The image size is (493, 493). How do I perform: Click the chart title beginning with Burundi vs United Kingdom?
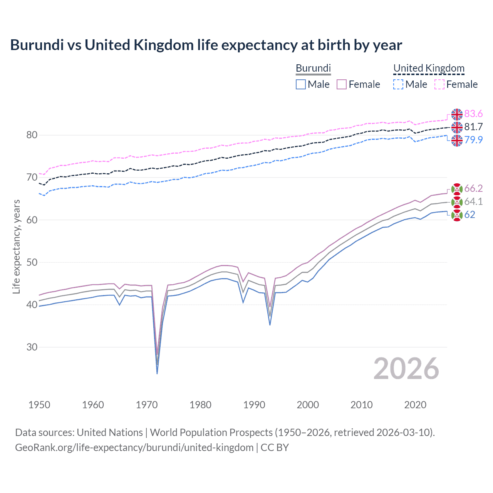coord(206,45)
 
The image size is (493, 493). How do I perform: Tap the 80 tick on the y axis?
coord(32,135)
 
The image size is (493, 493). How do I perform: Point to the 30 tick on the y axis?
coord(32,347)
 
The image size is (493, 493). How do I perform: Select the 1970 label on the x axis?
coord(147,405)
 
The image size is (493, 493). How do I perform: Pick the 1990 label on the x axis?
coord(254,405)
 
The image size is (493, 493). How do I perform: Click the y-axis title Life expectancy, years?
coord(16,246)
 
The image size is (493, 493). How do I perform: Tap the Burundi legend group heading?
coord(313,68)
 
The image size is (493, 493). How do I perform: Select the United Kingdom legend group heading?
coord(429,68)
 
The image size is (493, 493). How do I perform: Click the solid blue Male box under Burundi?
coord(301,84)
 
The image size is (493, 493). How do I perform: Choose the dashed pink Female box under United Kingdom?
coord(439,84)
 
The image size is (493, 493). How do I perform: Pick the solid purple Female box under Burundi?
coord(342,84)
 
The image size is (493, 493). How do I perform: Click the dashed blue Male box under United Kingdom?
coord(398,84)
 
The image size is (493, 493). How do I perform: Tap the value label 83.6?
coord(473,114)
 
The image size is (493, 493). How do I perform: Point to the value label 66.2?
coord(473,188)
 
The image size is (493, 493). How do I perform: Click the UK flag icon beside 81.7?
coord(457,127)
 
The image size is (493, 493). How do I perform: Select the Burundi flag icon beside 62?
coord(457,215)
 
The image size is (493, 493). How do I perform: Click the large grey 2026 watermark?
coord(406,369)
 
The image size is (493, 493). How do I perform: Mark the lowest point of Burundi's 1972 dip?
coord(157,373)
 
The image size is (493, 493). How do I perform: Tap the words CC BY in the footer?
coord(275,448)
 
